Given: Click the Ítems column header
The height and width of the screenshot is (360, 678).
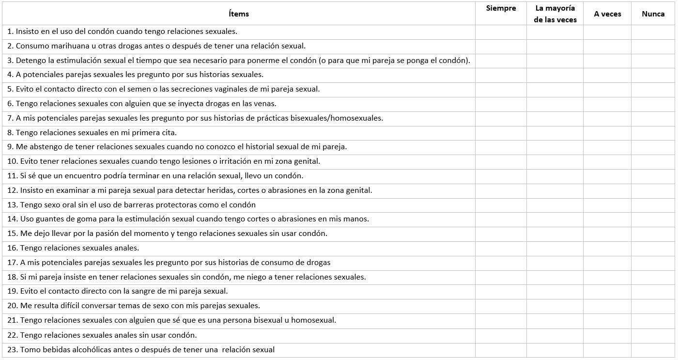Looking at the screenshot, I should coord(239,14).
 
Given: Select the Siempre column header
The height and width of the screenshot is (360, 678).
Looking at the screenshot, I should coord(501,8).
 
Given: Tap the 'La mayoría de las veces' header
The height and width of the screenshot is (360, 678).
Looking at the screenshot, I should coord(555,14).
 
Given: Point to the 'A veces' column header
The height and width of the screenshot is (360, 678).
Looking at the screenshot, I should coord(607,14).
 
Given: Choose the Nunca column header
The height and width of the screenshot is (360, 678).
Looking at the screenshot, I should coord(653,14).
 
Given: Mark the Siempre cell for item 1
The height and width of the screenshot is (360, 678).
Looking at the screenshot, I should coord(501,32).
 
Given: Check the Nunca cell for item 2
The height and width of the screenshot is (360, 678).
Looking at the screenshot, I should coord(653,46).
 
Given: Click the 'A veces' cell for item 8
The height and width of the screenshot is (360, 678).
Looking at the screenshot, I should coord(607,133).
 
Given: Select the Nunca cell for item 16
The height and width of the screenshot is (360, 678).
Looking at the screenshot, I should coord(653,248).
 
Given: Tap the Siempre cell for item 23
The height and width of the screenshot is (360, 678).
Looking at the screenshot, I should coord(501,350).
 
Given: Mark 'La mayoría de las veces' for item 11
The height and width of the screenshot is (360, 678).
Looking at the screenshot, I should coord(555,176).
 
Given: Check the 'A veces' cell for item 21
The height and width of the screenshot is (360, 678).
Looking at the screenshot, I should coord(607,320).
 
